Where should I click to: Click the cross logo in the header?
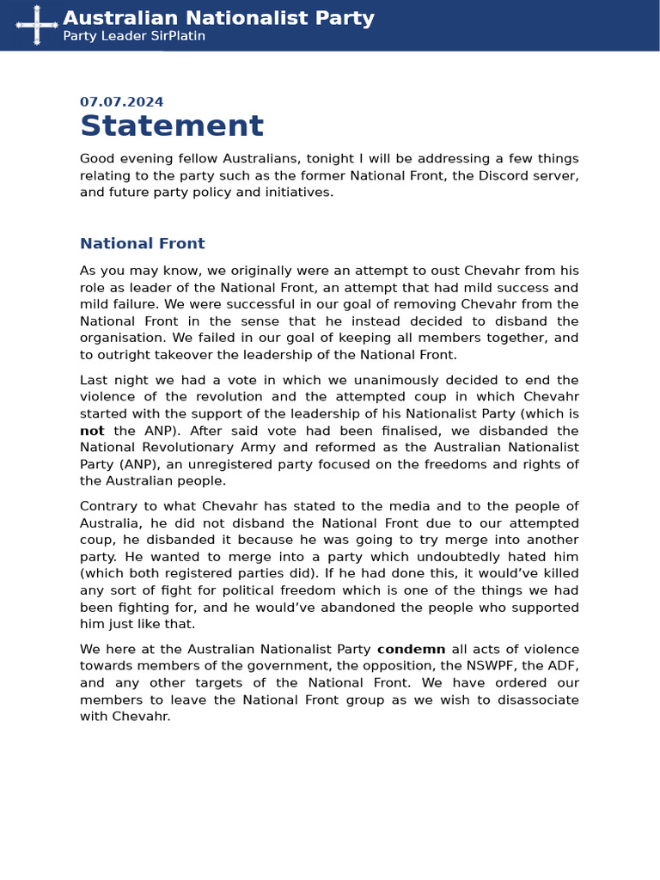[37, 24]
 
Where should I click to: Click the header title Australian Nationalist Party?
[218, 18]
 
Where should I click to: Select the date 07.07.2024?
[121, 101]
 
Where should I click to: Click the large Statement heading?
[172, 126]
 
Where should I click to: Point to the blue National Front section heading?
[142, 243]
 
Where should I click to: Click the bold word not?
[92, 431]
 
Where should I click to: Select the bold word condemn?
[411, 649]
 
